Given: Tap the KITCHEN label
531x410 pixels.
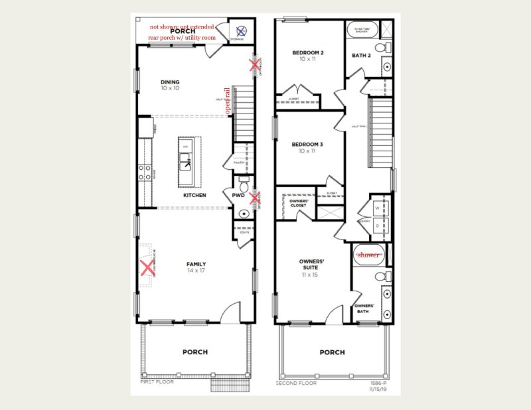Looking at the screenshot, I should point(194,196).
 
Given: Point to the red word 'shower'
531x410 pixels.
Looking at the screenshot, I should point(368,255).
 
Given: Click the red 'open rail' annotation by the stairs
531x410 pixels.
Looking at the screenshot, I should point(228,103).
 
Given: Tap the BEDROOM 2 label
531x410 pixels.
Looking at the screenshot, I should point(307,52).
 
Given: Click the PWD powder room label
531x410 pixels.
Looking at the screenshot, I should point(238,196).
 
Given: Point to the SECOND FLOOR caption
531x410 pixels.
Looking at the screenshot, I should point(296,383).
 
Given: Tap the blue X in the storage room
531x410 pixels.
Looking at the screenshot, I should point(242,30).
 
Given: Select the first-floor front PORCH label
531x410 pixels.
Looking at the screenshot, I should point(194,352).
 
